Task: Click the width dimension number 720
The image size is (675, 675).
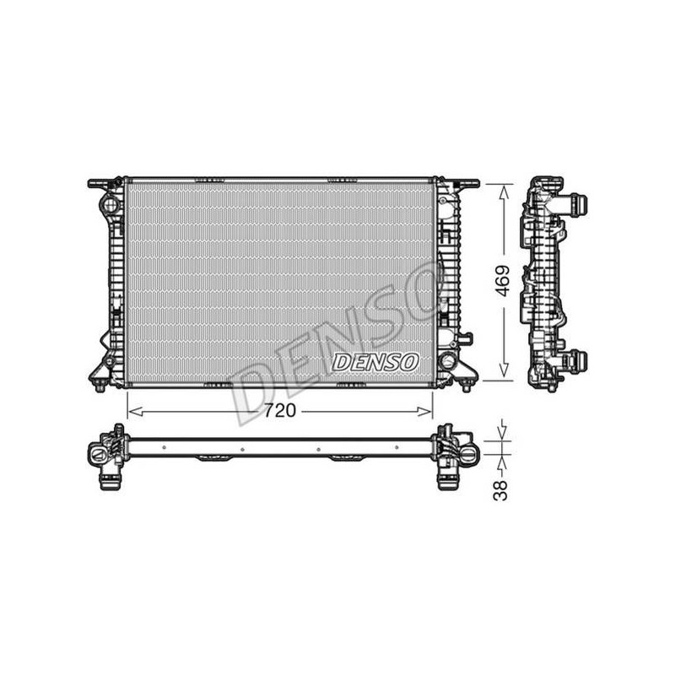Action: click(280, 410)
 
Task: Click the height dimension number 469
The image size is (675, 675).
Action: click(501, 281)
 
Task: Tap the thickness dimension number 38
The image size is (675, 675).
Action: click(500, 490)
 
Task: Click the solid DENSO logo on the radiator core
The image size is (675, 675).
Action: click(375, 362)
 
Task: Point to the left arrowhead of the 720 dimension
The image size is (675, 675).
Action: click(135, 412)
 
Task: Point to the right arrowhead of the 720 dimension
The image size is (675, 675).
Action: click(424, 412)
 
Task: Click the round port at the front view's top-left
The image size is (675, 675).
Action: click(110, 203)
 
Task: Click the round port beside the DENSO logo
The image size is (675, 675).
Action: click(448, 360)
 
